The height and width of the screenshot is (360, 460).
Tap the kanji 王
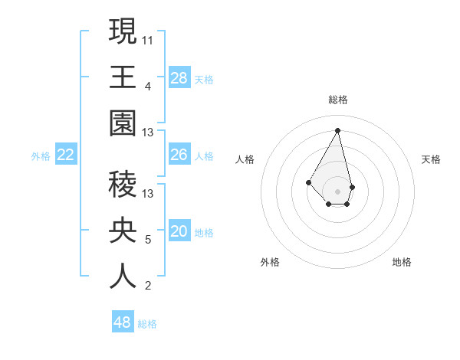(123, 77)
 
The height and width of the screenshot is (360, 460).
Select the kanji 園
(123, 123)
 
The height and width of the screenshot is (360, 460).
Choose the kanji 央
(123, 231)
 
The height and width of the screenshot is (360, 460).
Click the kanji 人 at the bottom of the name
(123, 277)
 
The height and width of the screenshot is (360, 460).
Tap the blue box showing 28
(179, 77)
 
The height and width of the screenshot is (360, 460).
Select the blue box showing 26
(179, 155)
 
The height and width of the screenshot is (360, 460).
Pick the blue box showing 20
(179, 231)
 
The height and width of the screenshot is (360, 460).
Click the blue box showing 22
(66, 155)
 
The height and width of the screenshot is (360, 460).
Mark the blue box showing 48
(123, 322)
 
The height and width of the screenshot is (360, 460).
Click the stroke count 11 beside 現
(149, 38)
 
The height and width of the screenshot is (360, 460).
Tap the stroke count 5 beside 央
(148, 239)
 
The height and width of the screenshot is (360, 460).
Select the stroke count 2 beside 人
(148, 286)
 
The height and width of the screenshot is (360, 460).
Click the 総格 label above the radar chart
(337, 100)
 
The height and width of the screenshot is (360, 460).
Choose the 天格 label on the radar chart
(431, 159)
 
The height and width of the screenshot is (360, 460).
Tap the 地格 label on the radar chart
(402, 262)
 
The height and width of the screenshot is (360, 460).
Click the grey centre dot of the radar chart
(337, 191)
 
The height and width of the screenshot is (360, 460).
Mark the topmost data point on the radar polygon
(337, 129)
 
